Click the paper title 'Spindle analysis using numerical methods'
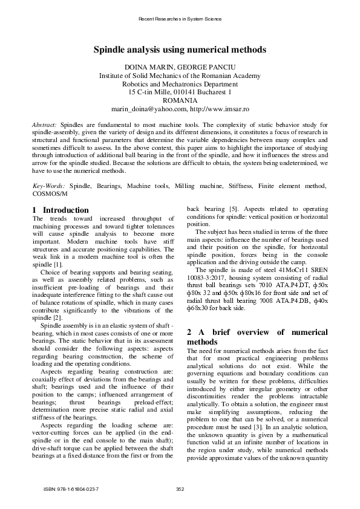click(x=180, y=51)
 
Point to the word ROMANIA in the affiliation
click(x=180, y=100)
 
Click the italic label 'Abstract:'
click(x=45, y=123)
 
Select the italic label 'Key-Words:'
click(x=48, y=186)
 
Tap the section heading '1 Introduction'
click(x=60, y=210)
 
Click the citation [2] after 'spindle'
click(x=57, y=317)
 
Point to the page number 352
click(x=180, y=488)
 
